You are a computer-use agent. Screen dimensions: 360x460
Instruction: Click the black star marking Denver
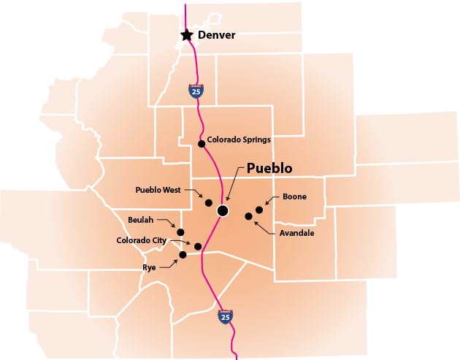click(187, 34)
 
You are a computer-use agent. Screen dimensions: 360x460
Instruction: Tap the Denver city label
click(217, 35)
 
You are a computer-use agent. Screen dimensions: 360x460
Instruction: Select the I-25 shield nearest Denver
click(195, 91)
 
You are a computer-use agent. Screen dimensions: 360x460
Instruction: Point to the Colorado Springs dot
click(202, 144)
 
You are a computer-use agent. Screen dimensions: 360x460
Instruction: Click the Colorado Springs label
click(239, 139)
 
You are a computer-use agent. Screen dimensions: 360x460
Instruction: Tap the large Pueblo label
click(269, 168)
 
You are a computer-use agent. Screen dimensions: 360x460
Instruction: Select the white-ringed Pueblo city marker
click(223, 210)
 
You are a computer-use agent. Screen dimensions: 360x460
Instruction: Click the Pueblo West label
click(158, 190)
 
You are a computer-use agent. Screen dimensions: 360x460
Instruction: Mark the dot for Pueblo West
click(208, 202)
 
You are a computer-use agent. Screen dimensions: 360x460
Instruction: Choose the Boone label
click(294, 196)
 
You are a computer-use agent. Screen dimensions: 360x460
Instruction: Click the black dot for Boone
click(259, 210)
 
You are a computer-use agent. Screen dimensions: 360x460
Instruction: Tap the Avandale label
click(297, 234)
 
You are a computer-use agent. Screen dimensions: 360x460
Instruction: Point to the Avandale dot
click(248, 216)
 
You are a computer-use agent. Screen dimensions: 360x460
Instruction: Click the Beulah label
click(141, 220)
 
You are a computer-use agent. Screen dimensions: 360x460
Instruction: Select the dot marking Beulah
click(180, 232)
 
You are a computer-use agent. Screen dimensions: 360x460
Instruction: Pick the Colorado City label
click(142, 240)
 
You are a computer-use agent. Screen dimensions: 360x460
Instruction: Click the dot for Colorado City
click(198, 246)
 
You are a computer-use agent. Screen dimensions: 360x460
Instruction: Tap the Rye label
click(149, 268)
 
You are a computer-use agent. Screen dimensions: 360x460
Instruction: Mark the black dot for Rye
click(183, 254)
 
